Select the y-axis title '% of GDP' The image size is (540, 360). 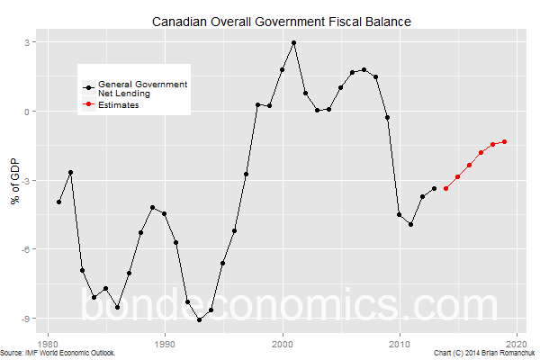pos(15,180)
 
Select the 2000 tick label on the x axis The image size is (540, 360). pos(283,343)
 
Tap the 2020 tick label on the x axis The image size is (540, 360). pos(517,343)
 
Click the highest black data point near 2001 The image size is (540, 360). pos(294,43)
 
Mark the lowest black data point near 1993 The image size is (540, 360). pos(200,319)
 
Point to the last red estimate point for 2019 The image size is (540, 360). pos(505,141)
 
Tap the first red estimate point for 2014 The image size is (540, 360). pos(446,188)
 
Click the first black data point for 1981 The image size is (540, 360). pos(59,202)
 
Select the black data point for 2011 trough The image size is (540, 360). pos(411,224)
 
